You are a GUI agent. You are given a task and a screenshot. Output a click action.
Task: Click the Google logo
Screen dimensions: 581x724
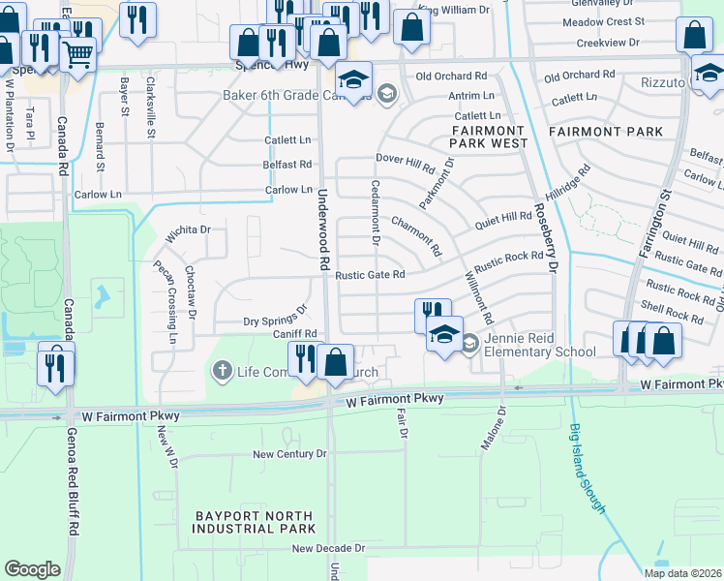[x=32, y=569]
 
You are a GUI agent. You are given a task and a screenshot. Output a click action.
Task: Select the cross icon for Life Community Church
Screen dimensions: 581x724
[x=222, y=371]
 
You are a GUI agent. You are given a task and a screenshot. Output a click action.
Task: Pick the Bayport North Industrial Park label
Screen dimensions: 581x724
[x=253, y=522]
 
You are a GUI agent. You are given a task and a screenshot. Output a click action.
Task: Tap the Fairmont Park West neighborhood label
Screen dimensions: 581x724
[x=487, y=137]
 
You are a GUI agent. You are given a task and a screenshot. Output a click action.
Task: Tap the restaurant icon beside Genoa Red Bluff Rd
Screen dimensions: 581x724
[x=54, y=366]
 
